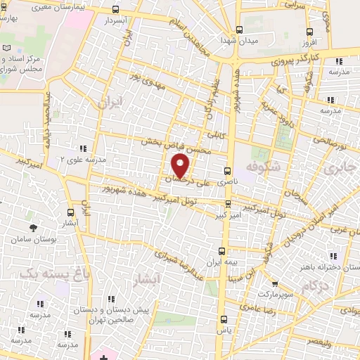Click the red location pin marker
[181, 166]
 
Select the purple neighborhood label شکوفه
[264, 167]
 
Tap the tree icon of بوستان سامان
[33, 227]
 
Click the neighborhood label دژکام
[316, 286]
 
